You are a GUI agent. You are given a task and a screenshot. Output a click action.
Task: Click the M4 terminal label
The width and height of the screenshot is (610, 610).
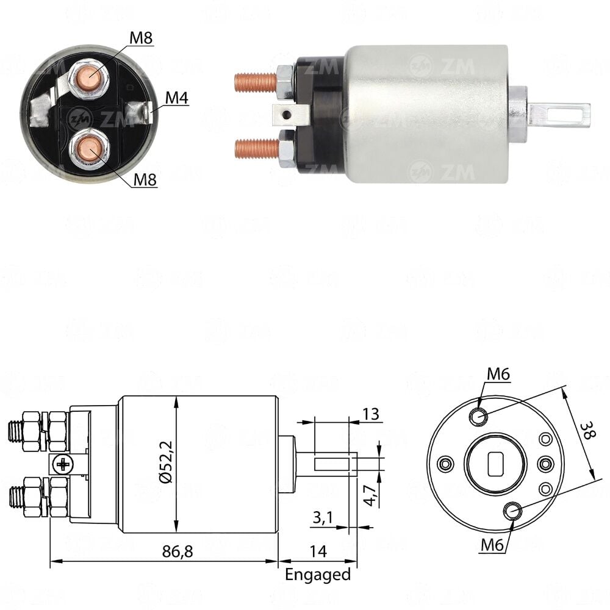coord(177,98)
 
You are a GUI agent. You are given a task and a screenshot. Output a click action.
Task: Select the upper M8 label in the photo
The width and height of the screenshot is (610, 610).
coord(141,38)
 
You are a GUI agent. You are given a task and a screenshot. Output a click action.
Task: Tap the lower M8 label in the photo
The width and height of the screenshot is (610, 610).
coord(145,180)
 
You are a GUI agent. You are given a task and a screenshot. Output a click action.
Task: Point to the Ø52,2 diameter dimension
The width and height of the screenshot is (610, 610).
coord(166,462)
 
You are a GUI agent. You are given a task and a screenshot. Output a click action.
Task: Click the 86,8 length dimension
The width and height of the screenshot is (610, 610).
coord(178,551)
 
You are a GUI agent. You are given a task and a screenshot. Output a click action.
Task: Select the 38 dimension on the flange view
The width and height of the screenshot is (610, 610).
coord(587,431)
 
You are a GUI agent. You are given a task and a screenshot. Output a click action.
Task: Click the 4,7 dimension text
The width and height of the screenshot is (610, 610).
coord(370,495)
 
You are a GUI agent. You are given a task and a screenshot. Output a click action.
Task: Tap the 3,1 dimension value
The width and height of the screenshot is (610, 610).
coord(323,517)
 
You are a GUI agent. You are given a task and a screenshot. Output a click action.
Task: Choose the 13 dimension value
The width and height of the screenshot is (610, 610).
coord(370,414)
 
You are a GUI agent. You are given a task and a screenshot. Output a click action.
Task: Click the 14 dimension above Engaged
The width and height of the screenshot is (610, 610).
coord(318,551)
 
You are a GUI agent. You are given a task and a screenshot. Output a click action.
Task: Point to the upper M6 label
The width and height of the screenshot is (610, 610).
coord(498,375)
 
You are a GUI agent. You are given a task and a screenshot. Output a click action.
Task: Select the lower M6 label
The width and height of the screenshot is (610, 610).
coord(492,545)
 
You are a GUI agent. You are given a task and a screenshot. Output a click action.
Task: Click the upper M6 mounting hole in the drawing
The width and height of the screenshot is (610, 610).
coord(478,417)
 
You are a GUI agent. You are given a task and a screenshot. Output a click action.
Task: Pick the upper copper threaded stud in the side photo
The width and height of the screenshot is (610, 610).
coord(256,82)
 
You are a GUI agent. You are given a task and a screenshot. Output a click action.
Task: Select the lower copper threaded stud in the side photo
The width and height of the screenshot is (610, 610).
coord(257,149)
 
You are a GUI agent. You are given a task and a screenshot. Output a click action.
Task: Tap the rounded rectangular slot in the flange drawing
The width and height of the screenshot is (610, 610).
coord(495,464)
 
